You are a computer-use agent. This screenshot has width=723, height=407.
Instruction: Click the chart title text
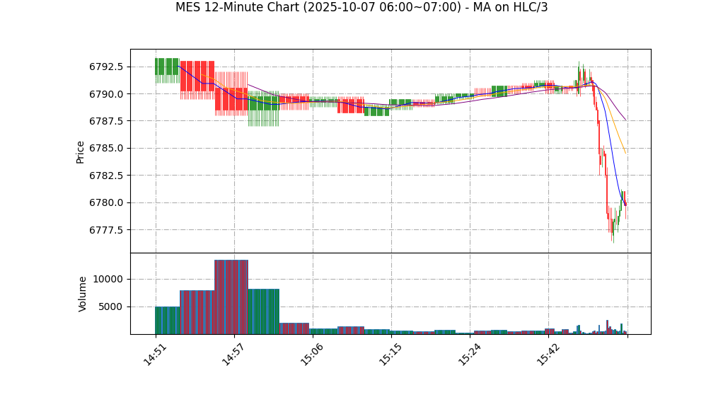coord(361,8)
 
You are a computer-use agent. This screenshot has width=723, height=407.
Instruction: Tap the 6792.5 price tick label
coord(106,67)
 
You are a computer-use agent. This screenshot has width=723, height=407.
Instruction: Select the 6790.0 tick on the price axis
coord(106,94)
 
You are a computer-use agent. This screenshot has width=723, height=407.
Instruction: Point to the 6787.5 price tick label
coord(106,122)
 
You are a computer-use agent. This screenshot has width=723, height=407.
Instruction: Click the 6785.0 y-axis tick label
coord(106,149)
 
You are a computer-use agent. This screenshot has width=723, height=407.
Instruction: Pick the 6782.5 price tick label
coord(106,176)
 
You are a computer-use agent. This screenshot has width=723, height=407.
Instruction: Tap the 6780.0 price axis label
coord(106,203)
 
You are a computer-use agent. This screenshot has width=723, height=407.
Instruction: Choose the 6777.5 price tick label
coord(106,230)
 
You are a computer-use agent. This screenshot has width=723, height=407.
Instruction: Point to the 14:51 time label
coord(155,355)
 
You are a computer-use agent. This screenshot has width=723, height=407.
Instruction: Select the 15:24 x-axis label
coord(469,355)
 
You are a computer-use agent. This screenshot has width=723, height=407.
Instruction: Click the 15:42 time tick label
coord(548,355)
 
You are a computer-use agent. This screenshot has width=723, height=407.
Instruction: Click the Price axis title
coord(81,151)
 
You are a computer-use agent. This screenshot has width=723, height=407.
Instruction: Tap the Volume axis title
coord(83,294)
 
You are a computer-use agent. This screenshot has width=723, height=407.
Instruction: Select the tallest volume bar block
coord(231,297)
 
